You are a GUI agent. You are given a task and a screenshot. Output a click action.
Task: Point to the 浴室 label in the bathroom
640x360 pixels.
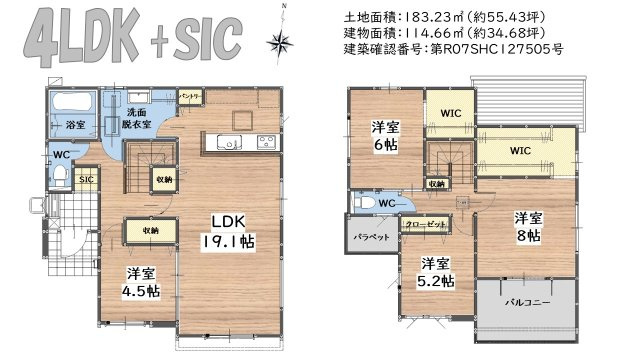[x=76, y=127]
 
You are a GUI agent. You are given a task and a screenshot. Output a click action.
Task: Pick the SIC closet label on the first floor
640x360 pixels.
[x=87, y=179]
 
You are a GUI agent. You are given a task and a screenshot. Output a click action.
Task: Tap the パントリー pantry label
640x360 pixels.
[x=190, y=97]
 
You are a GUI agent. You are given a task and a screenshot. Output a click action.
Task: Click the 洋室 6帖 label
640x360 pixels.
[x=385, y=136]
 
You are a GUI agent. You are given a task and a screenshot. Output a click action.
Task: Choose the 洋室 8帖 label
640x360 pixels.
[x=528, y=227]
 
